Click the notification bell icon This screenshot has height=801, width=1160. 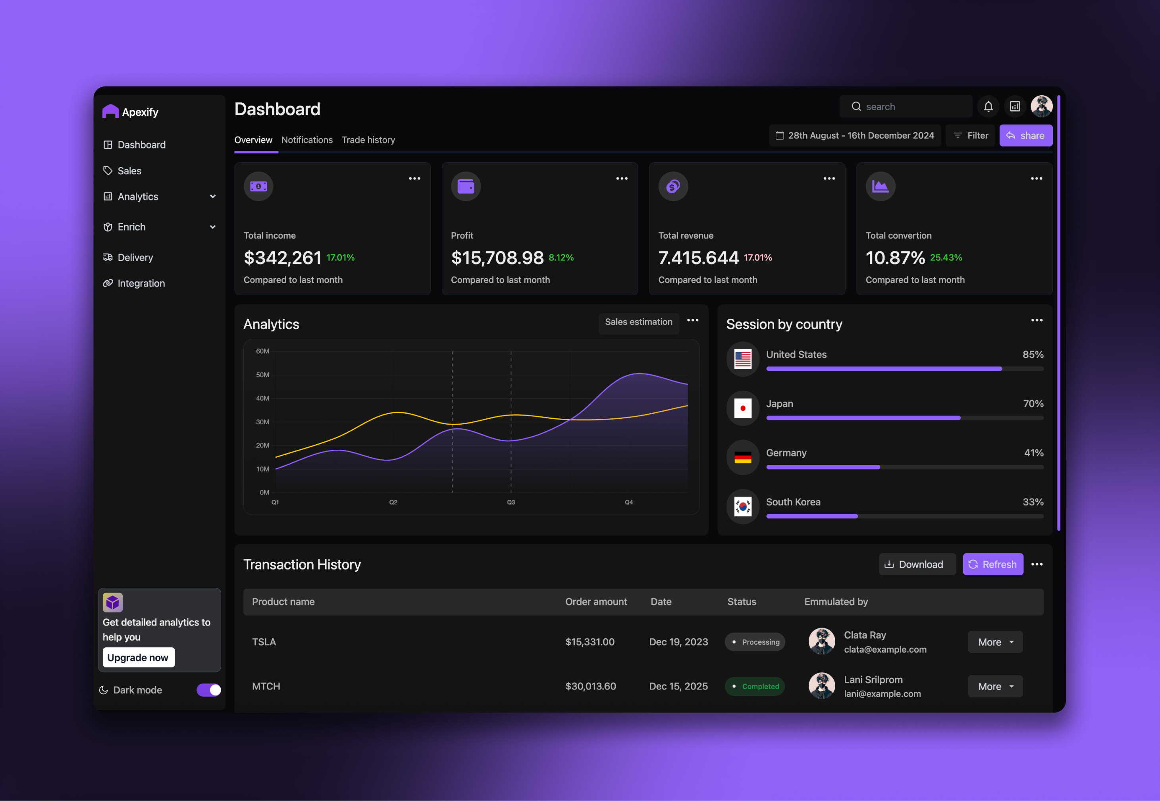988,106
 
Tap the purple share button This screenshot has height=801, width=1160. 1025,135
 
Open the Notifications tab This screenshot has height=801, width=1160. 307,140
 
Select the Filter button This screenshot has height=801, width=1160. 970,135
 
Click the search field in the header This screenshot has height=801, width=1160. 906,106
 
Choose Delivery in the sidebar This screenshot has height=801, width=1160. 135,258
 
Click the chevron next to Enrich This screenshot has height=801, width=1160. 213,227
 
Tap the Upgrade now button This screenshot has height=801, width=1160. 139,657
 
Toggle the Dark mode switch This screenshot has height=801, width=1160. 209,690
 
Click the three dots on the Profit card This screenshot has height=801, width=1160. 621,179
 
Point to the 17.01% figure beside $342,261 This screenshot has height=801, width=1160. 340,258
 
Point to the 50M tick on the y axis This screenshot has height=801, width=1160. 262,375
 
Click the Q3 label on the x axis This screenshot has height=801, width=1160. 511,503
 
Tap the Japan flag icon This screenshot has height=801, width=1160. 742,408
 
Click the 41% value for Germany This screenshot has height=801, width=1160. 1033,452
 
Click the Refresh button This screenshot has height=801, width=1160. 992,564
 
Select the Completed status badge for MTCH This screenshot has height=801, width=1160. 755,687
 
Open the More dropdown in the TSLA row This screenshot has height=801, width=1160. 995,642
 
